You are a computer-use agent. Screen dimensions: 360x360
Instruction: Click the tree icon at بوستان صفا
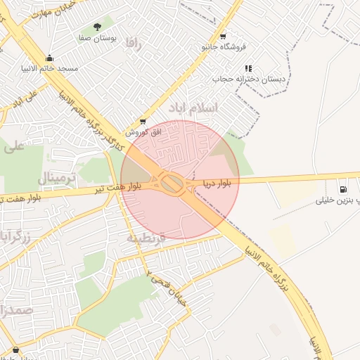[x=97, y=26]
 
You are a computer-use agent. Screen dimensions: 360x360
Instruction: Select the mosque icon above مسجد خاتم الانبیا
[x=49, y=59]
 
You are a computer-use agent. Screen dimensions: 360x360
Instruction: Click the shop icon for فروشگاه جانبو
[x=223, y=36]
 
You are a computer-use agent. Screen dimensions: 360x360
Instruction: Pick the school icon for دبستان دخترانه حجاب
[x=248, y=68]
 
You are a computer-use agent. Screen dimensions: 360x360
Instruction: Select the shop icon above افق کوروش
[x=144, y=122]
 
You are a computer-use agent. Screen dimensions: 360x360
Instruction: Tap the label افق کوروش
[x=144, y=131]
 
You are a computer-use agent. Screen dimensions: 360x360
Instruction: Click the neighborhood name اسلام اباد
[x=193, y=108]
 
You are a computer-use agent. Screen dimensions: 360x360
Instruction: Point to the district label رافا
[x=134, y=44]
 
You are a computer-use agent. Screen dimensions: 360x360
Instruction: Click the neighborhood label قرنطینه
[x=146, y=238]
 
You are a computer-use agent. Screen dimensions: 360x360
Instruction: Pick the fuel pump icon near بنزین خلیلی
[x=342, y=188]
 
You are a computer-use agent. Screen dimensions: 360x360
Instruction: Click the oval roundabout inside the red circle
[x=171, y=184]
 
